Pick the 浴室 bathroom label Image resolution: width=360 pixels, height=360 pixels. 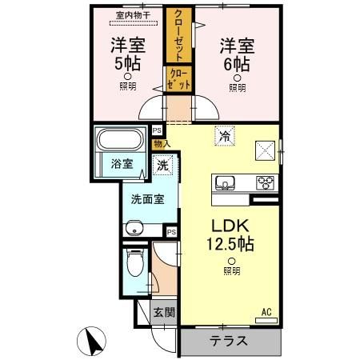pyautogui.click(x=121, y=166)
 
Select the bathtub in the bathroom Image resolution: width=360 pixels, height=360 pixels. pyautogui.click(x=121, y=141)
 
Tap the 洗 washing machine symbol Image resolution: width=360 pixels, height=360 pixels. pyautogui.click(x=162, y=166)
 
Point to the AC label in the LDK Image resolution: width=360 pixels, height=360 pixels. pyautogui.click(x=266, y=311)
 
